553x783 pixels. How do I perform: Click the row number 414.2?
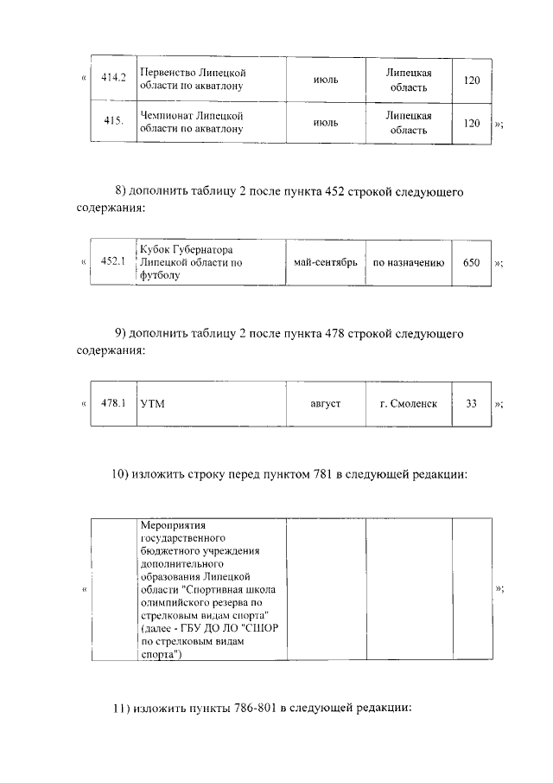113,79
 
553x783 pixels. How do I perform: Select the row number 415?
113,121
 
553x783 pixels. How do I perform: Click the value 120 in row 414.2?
471,80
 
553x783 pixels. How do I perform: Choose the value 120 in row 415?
471,124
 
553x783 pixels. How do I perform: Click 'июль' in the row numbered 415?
325,124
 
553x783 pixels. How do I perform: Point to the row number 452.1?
113,261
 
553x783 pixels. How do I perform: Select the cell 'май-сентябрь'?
325,262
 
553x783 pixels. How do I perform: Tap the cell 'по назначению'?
409,262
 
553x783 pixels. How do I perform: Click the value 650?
471,262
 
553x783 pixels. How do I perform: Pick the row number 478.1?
114,402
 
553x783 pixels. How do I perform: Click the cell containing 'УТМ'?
152,404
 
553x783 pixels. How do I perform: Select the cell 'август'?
326,404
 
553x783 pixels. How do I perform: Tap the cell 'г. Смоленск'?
409,404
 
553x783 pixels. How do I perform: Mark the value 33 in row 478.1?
471,403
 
